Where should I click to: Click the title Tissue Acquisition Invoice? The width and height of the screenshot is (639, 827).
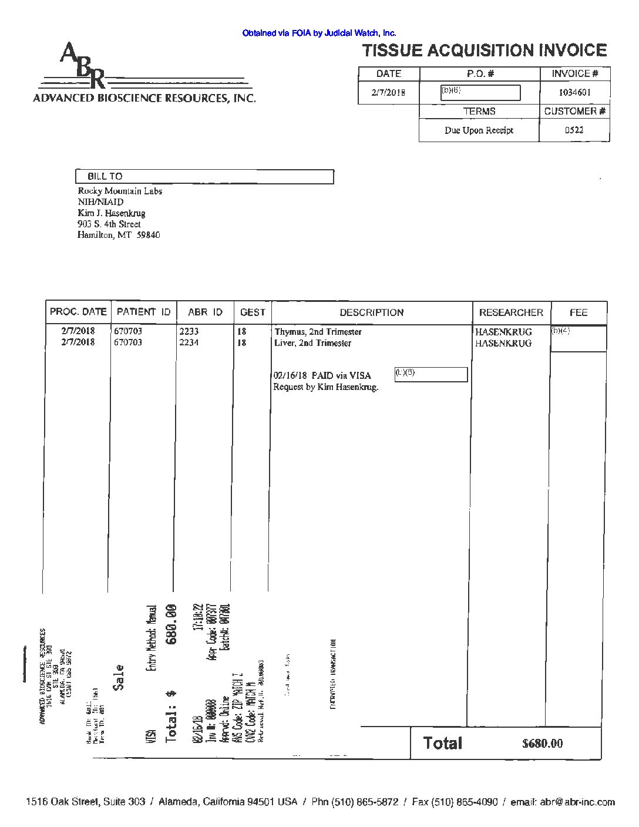(x=484, y=51)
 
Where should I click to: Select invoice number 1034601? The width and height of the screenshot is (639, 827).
(x=574, y=92)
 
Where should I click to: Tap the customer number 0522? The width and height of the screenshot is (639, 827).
(x=574, y=130)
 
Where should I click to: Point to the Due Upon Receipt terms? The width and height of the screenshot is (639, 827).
(x=479, y=130)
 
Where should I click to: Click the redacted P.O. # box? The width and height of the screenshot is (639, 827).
(x=480, y=93)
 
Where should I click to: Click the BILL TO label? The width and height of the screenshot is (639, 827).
(x=105, y=176)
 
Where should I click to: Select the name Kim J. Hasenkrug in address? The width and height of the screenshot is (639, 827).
(x=112, y=213)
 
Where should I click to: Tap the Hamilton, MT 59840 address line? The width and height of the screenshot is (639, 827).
(x=119, y=235)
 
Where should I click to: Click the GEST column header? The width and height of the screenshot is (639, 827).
(x=253, y=312)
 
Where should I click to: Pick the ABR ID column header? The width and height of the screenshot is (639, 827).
(x=205, y=312)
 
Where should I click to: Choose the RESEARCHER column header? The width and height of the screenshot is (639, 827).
(x=511, y=312)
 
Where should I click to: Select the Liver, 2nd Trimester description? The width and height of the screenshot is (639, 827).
(x=313, y=343)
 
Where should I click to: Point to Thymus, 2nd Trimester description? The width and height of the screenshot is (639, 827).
(x=318, y=332)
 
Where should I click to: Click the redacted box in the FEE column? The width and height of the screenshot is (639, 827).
(x=578, y=338)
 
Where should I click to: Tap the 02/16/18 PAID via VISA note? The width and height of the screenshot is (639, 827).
(x=322, y=375)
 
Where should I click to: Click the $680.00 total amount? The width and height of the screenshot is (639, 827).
(x=542, y=744)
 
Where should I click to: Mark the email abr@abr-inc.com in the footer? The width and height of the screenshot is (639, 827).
(x=577, y=802)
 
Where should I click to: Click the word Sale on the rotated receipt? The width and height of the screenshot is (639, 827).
(x=118, y=677)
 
